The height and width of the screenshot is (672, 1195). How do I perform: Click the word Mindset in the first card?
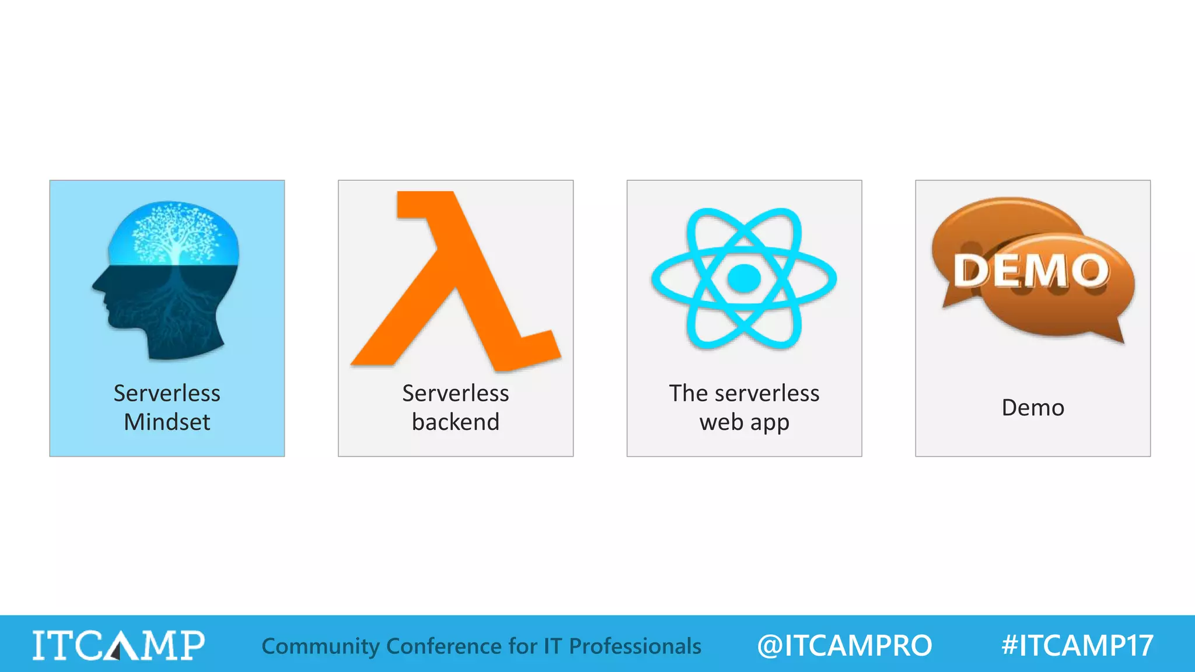tap(167, 422)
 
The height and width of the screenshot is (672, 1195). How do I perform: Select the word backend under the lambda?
tap(455, 422)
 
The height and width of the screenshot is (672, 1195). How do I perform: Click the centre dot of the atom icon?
tap(744, 278)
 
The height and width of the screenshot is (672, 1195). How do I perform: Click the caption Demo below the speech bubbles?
tap(1033, 408)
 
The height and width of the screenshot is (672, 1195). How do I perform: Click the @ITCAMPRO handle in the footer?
tap(844, 646)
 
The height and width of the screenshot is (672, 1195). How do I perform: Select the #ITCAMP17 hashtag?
tap(1077, 646)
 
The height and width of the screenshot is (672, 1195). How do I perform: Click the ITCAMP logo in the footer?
tap(118, 646)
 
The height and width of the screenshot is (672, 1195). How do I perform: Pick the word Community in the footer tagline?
tap(320, 646)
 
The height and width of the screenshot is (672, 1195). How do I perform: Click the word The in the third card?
tap(688, 393)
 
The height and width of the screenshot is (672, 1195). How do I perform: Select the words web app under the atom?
tap(744, 422)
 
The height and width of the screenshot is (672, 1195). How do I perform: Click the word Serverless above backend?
tap(455, 393)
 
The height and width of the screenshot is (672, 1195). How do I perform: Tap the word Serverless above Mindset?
tap(167, 393)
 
